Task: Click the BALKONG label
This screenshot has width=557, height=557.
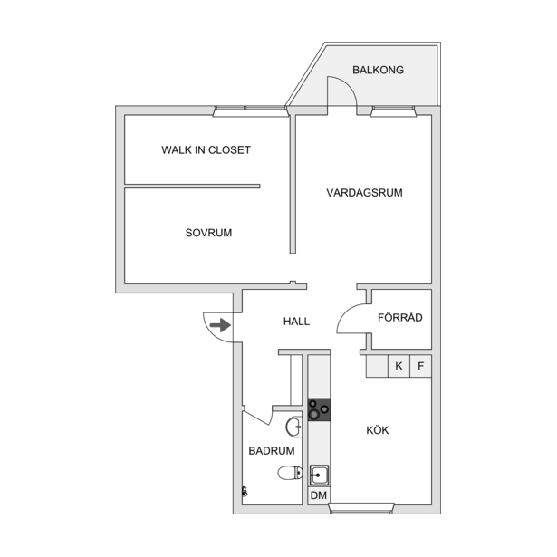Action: (378, 70)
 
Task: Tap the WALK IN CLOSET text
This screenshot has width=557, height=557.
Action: (206, 150)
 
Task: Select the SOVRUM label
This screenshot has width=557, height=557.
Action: (208, 233)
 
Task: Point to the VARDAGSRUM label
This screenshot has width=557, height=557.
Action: (364, 193)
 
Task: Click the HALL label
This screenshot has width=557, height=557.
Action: (297, 322)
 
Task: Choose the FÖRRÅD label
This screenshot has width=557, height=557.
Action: (400, 317)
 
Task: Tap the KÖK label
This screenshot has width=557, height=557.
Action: (378, 430)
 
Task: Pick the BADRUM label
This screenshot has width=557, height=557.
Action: (272, 451)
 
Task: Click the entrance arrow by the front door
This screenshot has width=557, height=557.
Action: (220, 325)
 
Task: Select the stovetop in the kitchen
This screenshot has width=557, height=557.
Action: (319, 409)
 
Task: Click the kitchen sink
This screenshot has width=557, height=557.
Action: (319, 475)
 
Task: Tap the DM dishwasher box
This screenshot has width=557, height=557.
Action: (319, 495)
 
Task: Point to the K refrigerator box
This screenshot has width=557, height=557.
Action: (399, 366)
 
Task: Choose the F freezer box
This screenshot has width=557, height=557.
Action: (421, 366)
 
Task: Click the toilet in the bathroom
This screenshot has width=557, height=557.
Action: (290, 473)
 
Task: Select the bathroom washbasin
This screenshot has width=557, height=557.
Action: (293, 427)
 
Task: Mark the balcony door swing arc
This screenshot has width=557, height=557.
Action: (348, 84)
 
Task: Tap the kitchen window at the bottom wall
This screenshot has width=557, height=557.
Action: (361, 508)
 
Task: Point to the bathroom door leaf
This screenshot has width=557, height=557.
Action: (256, 418)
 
